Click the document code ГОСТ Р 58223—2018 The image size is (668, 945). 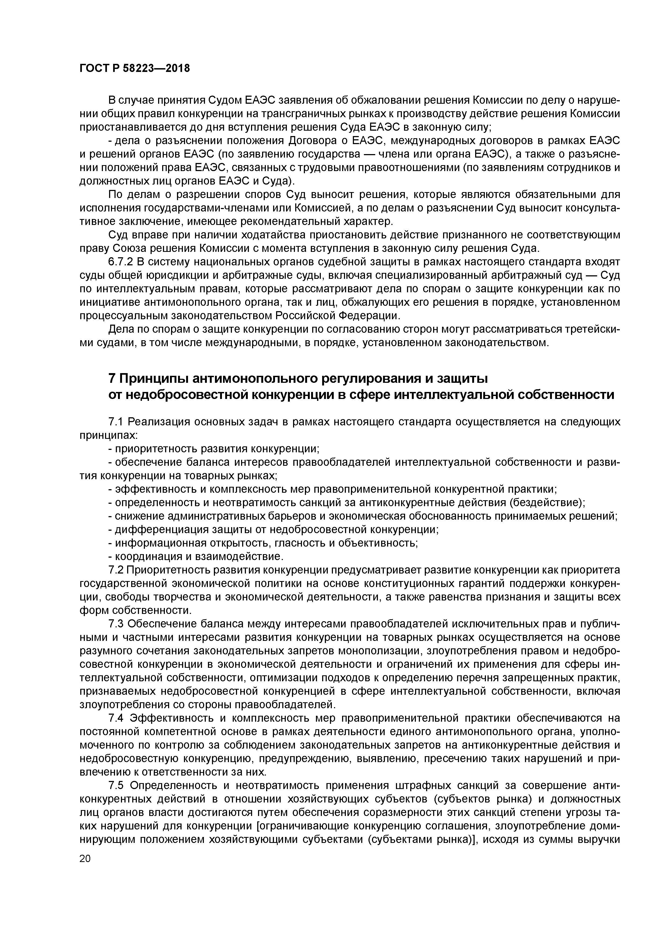[135, 68]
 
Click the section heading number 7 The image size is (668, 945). [112, 378]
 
